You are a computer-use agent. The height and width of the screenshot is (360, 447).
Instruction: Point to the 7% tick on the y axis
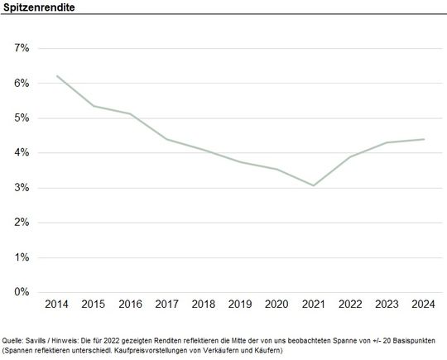[x=22, y=48]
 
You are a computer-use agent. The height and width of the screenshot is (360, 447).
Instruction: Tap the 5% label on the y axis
[x=22, y=118]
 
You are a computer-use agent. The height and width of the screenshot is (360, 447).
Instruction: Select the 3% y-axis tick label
[x=22, y=188]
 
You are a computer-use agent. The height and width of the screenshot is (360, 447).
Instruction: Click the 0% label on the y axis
[x=22, y=292]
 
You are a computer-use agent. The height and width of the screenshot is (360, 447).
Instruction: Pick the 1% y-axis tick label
[x=22, y=257]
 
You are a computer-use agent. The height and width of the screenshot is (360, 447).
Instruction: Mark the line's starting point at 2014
[x=57, y=76]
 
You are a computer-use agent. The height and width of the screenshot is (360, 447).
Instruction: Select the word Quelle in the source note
[x=12, y=339]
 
